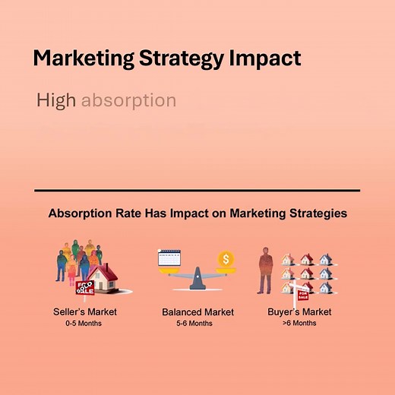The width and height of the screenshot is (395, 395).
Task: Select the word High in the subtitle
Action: pyautogui.click(x=55, y=100)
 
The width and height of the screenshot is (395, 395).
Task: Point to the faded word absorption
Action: pyautogui.click(x=128, y=100)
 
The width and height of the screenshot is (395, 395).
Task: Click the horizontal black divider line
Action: pyautogui.click(x=197, y=191)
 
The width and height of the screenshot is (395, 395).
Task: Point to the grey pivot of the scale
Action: pyautogui.click(x=198, y=278)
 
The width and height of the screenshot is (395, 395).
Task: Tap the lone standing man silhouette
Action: pyautogui.click(x=266, y=269)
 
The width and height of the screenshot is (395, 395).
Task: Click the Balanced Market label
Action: pyautogui.click(x=197, y=312)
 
